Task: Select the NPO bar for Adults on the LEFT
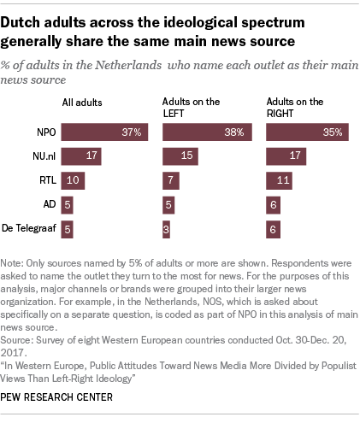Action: click(208, 132)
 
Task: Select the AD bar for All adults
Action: click(68, 204)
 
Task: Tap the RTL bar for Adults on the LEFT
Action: click(170, 180)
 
